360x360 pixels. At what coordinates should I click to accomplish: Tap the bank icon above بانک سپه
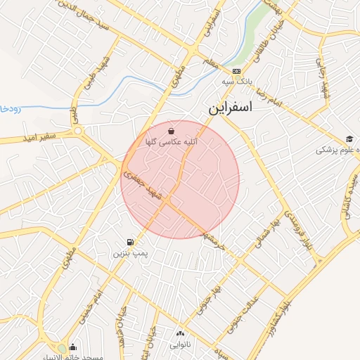point(236,72)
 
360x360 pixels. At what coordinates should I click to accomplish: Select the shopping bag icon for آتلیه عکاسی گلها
point(171,131)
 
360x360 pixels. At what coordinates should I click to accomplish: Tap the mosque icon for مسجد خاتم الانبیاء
point(73,347)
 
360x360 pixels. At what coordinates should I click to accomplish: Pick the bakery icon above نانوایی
point(181,334)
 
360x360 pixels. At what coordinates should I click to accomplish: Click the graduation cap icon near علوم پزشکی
point(349,139)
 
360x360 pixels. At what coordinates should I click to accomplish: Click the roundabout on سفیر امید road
point(78,130)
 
